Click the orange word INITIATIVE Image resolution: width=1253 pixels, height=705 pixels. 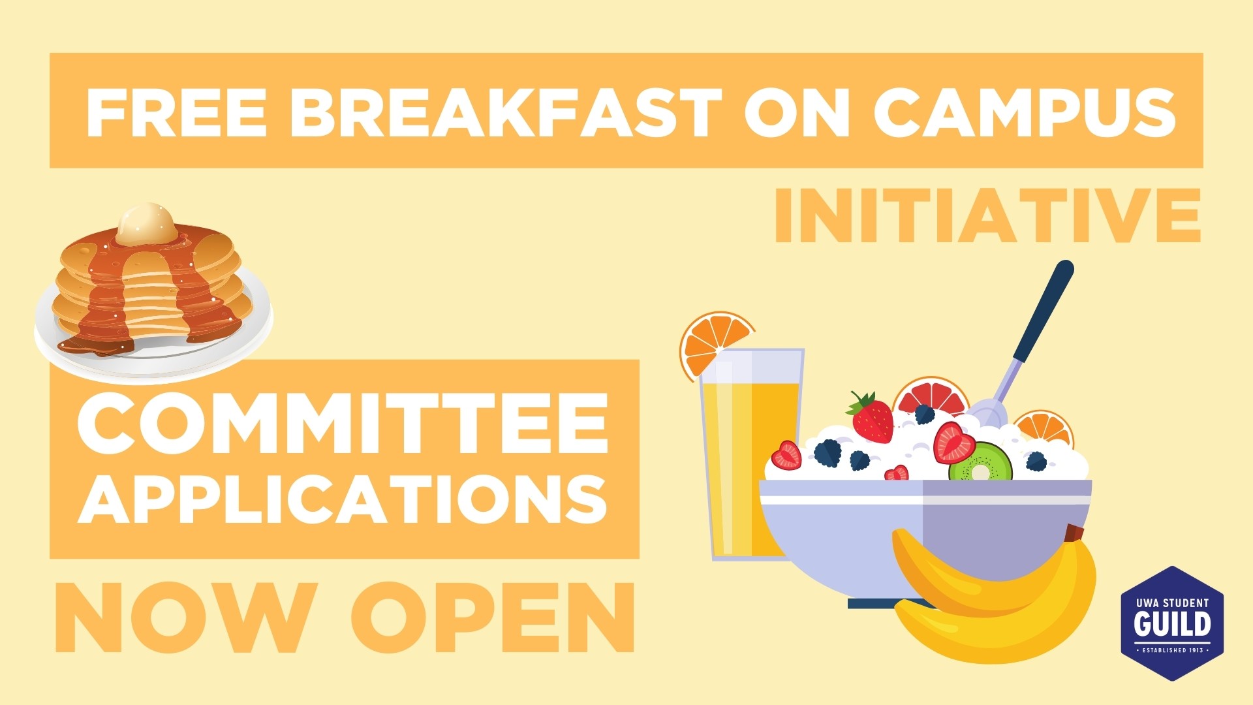coord(987,216)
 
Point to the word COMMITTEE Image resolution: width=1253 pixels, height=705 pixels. coord(343,423)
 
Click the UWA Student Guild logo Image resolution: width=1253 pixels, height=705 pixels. coord(1172,623)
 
